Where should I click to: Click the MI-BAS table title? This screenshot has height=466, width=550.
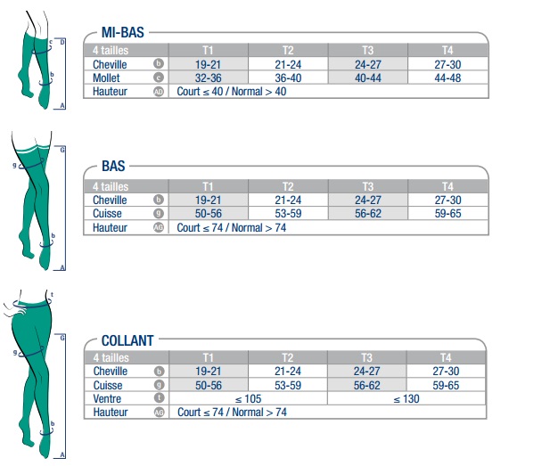tap(123, 32)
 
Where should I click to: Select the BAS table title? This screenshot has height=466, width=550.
tap(113, 166)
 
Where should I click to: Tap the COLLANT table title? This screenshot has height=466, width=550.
tap(127, 340)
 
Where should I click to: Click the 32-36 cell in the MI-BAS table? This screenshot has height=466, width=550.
tap(208, 78)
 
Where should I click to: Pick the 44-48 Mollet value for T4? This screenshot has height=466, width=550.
tap(447, 78)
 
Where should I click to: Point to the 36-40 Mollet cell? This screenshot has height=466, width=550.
tap(288, 78)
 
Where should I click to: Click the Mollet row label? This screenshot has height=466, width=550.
tap(106, 78)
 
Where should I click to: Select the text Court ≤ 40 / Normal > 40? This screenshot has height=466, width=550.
tap(232, 92)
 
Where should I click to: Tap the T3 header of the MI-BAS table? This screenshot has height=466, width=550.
tap(367, 50)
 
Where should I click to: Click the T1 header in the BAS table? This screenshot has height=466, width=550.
tap(208, 186)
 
